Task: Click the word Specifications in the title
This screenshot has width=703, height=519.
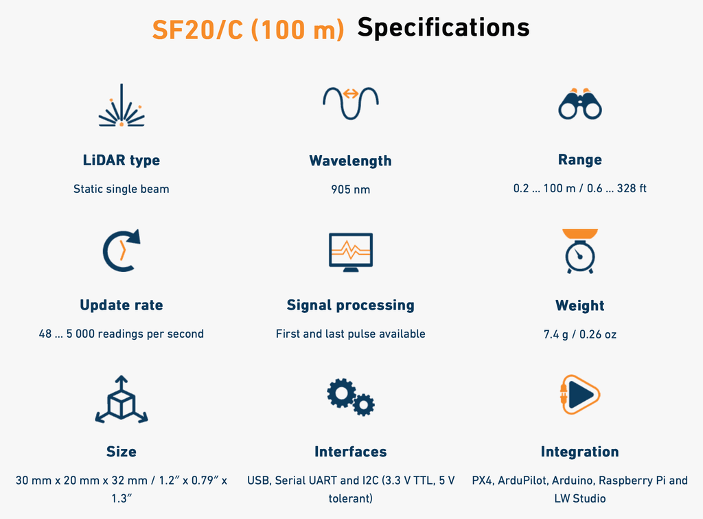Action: point(443,28)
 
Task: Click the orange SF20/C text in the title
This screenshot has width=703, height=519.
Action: point(198,30)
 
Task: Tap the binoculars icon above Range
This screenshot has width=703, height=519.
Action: point(579,104)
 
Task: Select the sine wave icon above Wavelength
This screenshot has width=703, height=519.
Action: point(351,103)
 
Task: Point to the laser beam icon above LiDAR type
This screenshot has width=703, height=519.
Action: point(122,105)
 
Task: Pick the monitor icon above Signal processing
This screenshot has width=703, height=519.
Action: point(351,253)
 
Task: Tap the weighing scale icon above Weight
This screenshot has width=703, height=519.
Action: point(579,251)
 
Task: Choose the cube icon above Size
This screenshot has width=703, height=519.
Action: point(122,399)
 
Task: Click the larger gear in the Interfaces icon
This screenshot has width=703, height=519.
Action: point(341,393)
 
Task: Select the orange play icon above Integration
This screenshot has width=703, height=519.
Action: point(579,395)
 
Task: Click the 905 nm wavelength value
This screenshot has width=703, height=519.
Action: point(351,189)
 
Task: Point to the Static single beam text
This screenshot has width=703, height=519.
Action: point(122,189)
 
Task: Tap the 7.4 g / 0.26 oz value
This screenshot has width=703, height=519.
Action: point(579,334)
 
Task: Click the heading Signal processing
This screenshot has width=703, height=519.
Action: point(351,305)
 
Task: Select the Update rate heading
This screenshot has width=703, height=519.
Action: point(122,305)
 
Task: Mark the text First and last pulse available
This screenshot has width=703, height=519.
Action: point(351,334)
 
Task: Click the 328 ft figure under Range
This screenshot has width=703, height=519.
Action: point(632,188)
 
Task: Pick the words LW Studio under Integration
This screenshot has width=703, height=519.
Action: point(579,498)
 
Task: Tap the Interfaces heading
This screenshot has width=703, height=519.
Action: point(351,451)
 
